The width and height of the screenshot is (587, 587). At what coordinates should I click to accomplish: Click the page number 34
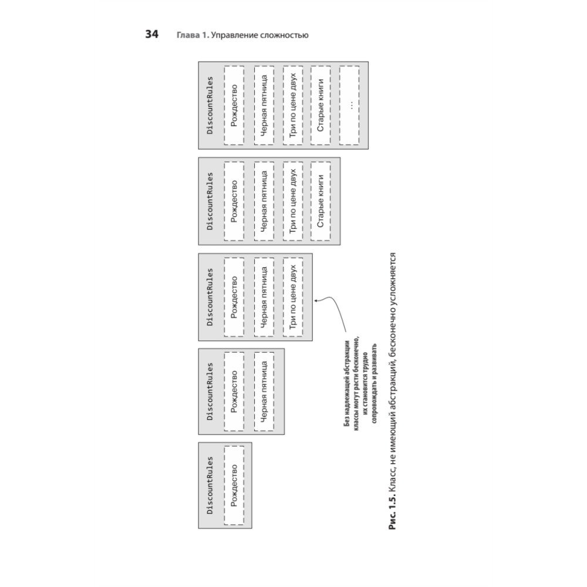point(151,35)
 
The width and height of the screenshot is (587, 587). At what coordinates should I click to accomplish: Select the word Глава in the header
point(188,35)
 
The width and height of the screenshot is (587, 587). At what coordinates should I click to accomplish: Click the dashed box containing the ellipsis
point(349,106)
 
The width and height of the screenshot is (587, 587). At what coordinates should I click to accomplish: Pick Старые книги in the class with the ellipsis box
point(321,106)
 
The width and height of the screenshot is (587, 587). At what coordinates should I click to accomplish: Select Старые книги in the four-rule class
point(321,201)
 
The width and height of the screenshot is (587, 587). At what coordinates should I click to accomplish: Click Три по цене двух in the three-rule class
point(293,297)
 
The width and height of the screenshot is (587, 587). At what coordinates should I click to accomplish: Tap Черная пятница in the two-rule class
point(264,392)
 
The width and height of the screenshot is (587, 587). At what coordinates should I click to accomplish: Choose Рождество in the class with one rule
point(234,485)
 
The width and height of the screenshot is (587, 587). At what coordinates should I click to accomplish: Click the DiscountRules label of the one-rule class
point(210,485)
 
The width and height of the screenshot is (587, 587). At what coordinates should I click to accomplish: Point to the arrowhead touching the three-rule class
point(316,300)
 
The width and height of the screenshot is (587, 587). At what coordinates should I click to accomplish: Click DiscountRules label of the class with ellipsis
point(210,106)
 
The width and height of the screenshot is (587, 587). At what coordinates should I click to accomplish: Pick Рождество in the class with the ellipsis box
point(234,106)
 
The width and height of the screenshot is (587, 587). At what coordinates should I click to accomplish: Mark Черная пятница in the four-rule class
point(264,201)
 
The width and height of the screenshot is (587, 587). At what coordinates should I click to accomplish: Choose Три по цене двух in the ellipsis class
point(293,106)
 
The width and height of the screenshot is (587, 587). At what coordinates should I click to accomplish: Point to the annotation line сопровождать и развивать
point(374,383)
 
